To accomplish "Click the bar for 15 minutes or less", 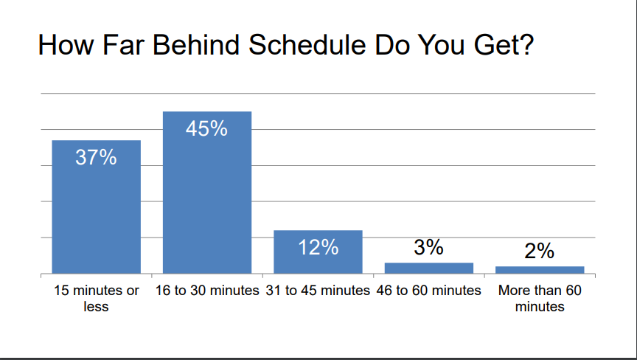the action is pos(97,207).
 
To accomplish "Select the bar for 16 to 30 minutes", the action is pos(207,193).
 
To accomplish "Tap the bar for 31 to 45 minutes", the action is pos(318,252).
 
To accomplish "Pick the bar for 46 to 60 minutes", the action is pos(429,269).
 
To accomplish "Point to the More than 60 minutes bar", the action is pos(540,270).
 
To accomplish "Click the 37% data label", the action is pos(96,157).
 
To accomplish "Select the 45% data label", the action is pos(206,128).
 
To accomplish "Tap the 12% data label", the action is pos(318,247).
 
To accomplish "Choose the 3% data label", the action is pos(428,247).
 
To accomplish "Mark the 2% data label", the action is pos(540,251).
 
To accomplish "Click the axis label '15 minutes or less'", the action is pos(97,298).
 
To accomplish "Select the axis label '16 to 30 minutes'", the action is pos(207,291).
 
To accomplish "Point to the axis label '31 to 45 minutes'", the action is pos(318,291).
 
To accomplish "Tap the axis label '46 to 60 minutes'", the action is pos(428,291).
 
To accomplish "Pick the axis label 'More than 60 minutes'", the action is pos(540,298).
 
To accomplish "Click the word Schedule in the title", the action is pos(307,44).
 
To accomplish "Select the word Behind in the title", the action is pos(196,44).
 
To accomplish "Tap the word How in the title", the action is pos(66,44).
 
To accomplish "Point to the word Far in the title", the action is pos(123,44).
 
